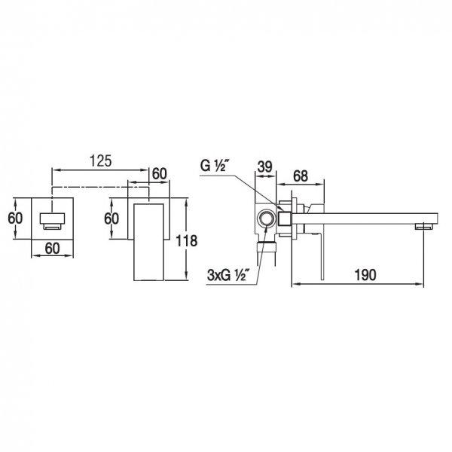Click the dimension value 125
pos(100,161)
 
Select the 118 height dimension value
pos(187,241)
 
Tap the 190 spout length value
pos(365,275)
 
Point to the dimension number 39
pos(264,166)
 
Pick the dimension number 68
pos(301,176)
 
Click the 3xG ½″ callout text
pos(228,276)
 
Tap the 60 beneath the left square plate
pos(52,248)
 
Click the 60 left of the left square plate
pos(15,218)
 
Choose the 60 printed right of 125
pos(160,174)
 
